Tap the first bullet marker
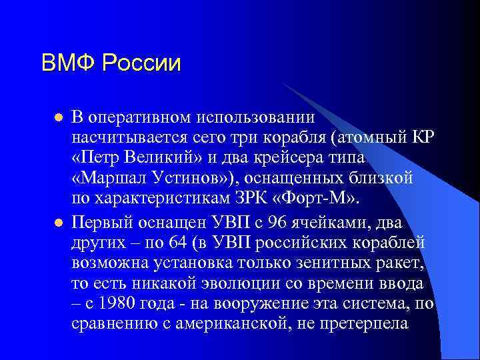pos(58,117)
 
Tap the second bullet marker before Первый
pos(58,221)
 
